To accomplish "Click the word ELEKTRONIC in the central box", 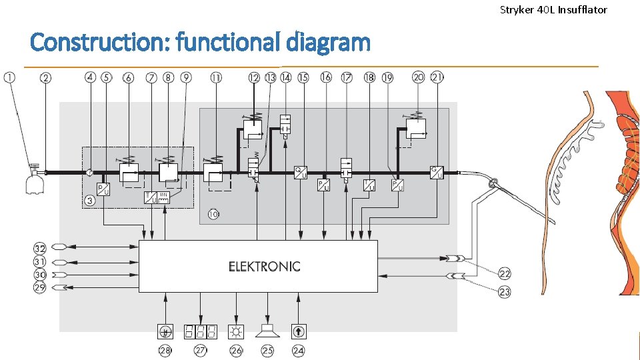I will (x=264, y=267).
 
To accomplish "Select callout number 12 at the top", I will (x=254, y=78).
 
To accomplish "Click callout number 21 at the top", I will (x=437, y=77).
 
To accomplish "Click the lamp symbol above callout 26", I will (x=236, y=331).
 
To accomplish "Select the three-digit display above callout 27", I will (x=201, y=331).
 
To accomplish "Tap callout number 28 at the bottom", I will (x=165, y=350).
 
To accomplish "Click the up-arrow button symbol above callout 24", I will (x=298, y=331).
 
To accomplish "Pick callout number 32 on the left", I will (x=40, y=248).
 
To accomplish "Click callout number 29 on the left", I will (x=40, y=287).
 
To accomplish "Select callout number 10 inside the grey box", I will (x=213, y=215).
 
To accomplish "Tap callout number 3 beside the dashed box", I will (x=89, y=200).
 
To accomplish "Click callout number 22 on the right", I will (x=505, y=274).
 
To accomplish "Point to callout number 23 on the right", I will (x=505, y=291).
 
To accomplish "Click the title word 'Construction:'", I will (x=101, y=43).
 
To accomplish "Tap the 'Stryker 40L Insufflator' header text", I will (x=553, y=9).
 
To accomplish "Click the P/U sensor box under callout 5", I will (x=104, y=189).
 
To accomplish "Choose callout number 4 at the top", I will (x=91, y=78).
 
